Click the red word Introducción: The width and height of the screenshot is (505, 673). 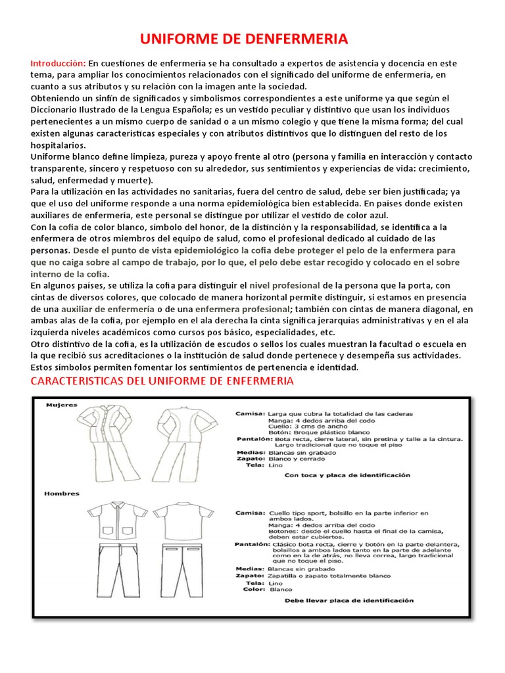point(58,63)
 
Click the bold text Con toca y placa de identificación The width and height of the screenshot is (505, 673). point(347,474)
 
